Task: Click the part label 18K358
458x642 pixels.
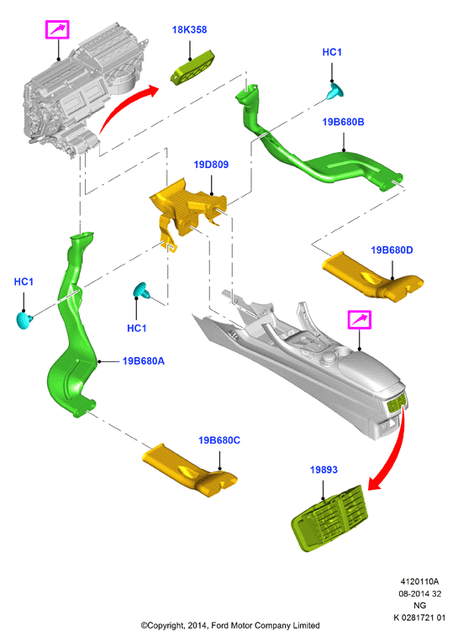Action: click(x=189, y=30)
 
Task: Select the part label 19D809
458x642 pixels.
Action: click(x=211, y=165)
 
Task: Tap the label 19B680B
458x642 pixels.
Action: click(x=343, y=122)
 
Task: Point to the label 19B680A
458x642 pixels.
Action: click(x=143, y=361)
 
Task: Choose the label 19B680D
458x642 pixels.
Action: click(x=392, y=250)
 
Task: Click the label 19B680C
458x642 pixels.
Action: click(x=219, y=440)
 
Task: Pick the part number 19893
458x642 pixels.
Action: click(x=324, y=470)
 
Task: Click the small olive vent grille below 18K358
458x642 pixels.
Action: click(x=192, y=68)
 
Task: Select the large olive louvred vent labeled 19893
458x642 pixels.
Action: click(x=330, y=518)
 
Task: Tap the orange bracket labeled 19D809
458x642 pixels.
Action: click(x=187, y=207)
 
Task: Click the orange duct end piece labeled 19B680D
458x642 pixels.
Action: click(x=372, y=277)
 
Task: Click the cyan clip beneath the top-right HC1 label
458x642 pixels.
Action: click(x=335, y=92)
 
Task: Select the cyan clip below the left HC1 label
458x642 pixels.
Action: click(x=24, y=320)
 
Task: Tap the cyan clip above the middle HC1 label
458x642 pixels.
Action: click(x=142, y=290)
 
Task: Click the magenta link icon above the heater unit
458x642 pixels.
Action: click(x=57, y=29)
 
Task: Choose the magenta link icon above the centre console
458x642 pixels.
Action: click(x=360, y=320)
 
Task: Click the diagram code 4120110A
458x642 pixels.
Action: click(x=419, y=581)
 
